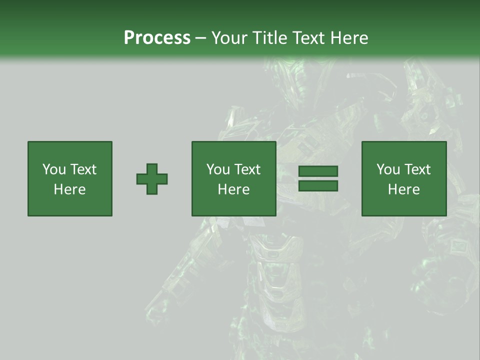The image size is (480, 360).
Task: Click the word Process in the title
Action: pos(157,37)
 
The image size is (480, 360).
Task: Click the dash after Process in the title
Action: pos(200,38)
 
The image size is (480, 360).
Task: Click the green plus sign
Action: pos(152,178)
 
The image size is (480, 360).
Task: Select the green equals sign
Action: pos(318,178)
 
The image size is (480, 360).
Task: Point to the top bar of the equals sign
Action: pos(318,171)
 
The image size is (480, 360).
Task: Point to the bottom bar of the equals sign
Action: pos(318,185)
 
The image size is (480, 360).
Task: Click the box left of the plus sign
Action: pos(70,178)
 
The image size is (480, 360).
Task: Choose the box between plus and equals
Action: pos(233,178)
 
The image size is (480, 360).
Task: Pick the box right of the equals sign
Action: pos(403,178)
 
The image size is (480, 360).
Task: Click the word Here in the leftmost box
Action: pos(69,189)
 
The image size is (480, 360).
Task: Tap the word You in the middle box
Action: pos(218,169)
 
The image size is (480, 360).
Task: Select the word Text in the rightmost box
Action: pos(417,169)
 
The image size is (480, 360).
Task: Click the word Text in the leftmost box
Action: pos(83,169)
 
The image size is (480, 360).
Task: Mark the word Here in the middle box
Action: pos(233,189)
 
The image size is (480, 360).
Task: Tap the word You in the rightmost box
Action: pos(388,169)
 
